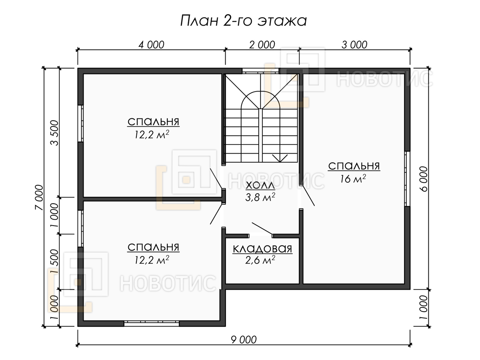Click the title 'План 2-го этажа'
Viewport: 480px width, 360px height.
pos(243,21)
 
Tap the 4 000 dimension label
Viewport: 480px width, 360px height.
pos(151,45)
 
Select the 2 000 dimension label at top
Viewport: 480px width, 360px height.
pos(262,45)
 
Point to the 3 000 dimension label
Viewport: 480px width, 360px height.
pos(354,45)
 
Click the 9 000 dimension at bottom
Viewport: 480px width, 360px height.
pos(244,340)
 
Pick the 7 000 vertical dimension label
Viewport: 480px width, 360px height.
pos(39,197)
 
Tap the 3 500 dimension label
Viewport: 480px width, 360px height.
pos(55,133)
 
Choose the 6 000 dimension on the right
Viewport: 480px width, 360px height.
pos(424,179)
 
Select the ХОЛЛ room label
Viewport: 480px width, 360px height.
pos(260,186)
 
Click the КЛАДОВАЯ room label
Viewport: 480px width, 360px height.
pos(262,249)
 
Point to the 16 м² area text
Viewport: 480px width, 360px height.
pos(353,178)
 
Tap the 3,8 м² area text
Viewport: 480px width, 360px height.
pos(260,197)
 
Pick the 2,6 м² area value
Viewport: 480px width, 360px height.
pos(260,260)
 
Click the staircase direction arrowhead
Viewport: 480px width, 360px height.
pos(280,158)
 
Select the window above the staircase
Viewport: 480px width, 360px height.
pos(260,71)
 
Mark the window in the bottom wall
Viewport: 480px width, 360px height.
pos(152,324)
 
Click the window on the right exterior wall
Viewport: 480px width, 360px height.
pos(407,179)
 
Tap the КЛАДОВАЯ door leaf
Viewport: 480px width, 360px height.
pos(262,229)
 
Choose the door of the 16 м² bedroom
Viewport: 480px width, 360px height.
pos(308,196)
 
